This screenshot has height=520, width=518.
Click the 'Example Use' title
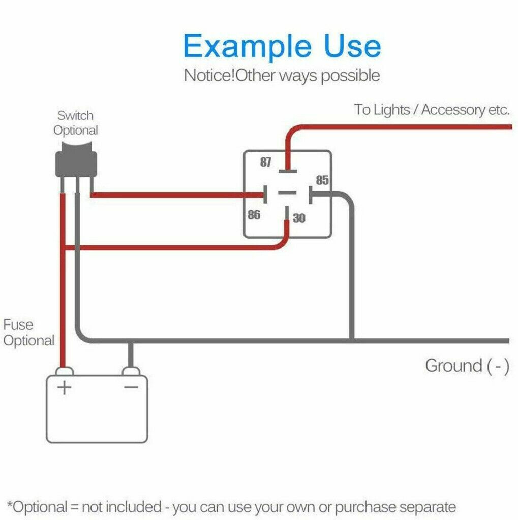click(x=282, y=46)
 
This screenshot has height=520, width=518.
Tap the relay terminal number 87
click(x=266, y=162)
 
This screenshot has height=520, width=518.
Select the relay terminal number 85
click(x=322, y=180)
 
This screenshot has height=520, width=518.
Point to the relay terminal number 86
click(x=254, y=215)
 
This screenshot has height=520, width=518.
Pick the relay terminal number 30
click(x=299, y=218)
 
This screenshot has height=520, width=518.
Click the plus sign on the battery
click(x=65, y=388)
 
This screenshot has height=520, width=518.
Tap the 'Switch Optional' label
click(x=76, y=123)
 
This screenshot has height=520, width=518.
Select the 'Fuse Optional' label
click(x=28, y=333)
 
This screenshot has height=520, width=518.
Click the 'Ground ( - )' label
click(x=467, y=366)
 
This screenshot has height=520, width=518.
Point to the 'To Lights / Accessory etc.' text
click(x=432, y=110)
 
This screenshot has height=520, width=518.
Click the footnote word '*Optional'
click(x=38, y=507)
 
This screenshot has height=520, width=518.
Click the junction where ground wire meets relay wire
click(x=351, y=340)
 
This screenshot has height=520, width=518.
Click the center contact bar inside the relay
click(x=288, y=193)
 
